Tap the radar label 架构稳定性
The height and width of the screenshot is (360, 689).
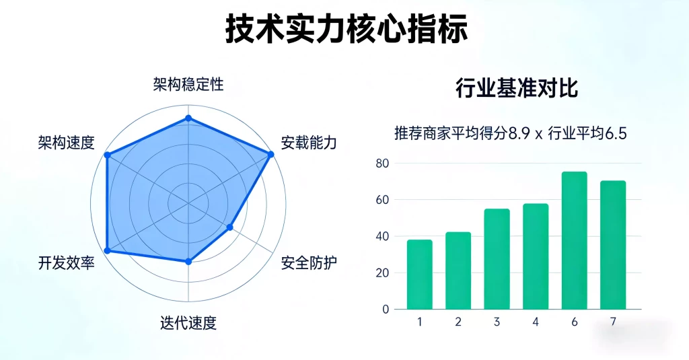coord(188,85)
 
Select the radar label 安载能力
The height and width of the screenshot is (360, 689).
coord(309,143)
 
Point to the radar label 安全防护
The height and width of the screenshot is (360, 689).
coord(309,262)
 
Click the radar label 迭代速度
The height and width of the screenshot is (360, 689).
coord(188,322)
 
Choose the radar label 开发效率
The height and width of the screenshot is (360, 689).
coord(66,262)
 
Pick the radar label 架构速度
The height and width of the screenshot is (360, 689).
coord(66,143)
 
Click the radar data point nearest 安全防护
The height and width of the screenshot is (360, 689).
coord(229,227)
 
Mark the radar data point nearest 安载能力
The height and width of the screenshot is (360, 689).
coord(271,155)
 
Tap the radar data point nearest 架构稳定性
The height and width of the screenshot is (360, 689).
coord(188,118)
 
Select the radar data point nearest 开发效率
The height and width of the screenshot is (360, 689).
coord(106,250)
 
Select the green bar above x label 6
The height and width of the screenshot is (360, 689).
coord(574,240)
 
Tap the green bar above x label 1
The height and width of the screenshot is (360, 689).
coord(419,275)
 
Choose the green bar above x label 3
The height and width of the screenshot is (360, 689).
coord(497,259)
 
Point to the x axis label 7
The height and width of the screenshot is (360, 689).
coord(613,322)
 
